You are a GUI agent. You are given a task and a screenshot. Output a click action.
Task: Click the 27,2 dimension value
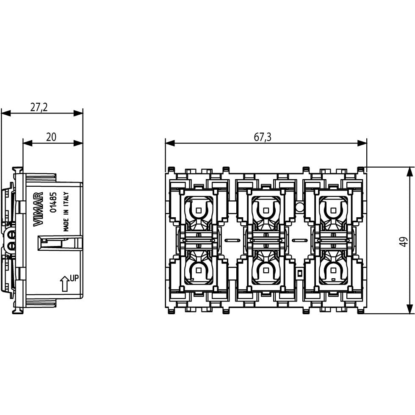[x=39, y=107]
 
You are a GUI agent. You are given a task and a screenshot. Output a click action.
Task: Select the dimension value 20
[x=51, y=137]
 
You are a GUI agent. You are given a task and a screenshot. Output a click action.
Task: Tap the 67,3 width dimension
[x=263, y=137]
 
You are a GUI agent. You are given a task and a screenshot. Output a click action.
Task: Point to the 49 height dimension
[x=403, y=241]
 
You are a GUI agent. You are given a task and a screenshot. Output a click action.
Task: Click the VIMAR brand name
[x=39, y=209]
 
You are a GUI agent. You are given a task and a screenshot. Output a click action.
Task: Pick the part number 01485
[x=53, y=202]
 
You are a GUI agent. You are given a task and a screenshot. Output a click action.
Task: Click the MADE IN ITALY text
[x=66, y=212]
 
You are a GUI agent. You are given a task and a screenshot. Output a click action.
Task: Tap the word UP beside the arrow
[x=75, y=278]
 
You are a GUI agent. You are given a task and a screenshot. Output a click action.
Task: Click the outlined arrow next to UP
[x=64, y=283]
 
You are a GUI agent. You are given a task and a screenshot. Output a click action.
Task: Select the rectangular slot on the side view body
[x=59, y=243]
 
